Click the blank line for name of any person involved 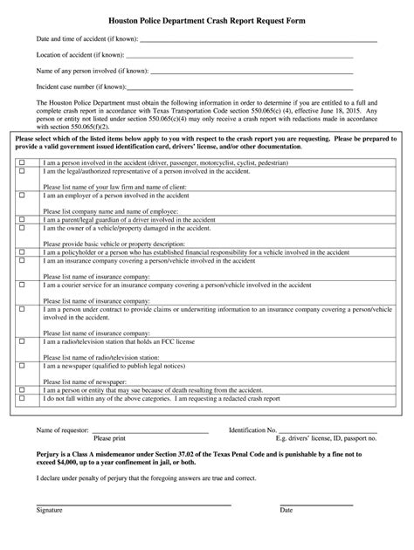pos(245,72)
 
